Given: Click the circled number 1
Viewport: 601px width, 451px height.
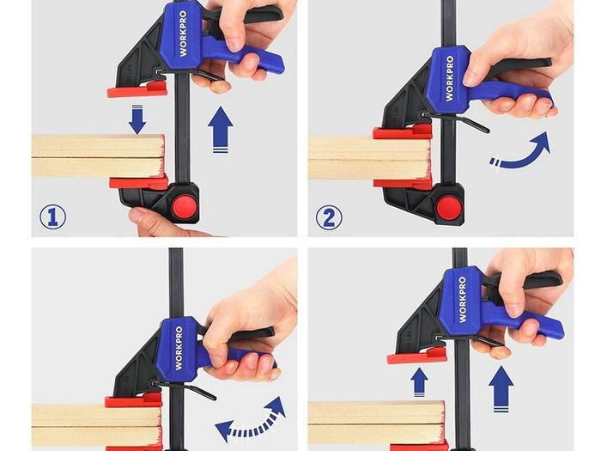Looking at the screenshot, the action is pyautogui.click(x=53, y=216).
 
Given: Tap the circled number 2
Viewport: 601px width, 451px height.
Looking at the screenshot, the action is pyautogui.click(x=329, y=217).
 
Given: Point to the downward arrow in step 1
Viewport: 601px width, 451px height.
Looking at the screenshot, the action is pyautogui.click(x=137, y=119).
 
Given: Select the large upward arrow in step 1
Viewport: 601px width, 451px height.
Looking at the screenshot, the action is pyautogui.click(x=221, y=130).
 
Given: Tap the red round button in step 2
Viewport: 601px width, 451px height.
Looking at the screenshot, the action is pyautogui.click(x=450, y=208).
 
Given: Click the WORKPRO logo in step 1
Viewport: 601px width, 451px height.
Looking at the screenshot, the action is pyautogui.click(x=183, y=34).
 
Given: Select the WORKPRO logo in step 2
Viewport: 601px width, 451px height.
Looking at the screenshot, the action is pyautogui.click(x=449, y=79).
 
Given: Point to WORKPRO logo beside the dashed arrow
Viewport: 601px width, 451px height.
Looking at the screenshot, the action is pyautogui.click(x=179, y=348).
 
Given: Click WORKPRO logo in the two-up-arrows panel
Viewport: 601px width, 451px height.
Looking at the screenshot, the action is pyautogui.click(x=463, y=300).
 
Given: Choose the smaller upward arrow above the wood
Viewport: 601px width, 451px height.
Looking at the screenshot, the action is pyautogui.click(x=419, y=382).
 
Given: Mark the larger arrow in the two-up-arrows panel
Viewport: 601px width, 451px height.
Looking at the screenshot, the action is pyautogui.click(x=501, y=389).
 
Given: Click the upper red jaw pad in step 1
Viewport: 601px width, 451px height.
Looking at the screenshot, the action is pyautogui.click(x=137, y=89).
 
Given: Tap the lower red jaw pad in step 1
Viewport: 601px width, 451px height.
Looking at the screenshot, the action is pyautogui.click(x=139, y=182).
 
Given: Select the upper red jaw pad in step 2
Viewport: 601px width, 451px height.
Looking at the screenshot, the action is pyautogui.click(x=403, y=131).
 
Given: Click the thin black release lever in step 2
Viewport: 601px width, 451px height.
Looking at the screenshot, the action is pyautogui.click(x=456, y=121).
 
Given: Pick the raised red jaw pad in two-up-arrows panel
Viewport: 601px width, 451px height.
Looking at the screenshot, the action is pyautogui.click(x=417, y=357).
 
